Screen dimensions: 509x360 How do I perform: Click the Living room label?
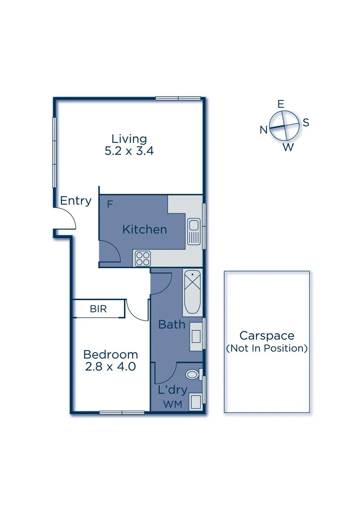click(x=129, y=139)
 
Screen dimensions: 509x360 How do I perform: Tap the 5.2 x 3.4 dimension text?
click(x=129, y=152)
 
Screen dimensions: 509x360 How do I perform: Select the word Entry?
click(x=76, y=201)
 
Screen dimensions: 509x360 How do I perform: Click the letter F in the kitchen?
click(x=110, y=205)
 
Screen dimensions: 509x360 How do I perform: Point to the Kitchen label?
click(x=145, y=230)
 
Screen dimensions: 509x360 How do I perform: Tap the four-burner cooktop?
click(x=143, y=258)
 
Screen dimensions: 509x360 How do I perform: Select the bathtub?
click(x=192, y=293)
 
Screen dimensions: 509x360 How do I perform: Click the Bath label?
click(x=172, y=324)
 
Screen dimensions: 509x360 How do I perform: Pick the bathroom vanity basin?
click(x=196, y=336)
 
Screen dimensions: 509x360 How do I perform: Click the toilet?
click(x=193, y=375)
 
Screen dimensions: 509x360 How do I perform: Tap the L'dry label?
click(x=172, y=390)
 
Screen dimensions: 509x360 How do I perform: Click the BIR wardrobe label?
click(x=98, y=309)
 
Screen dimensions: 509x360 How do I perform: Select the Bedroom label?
click(x=111, y=354)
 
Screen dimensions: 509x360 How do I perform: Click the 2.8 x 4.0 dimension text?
click(x=111, y=367)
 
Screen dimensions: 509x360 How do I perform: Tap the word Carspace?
click(x=267, y=336)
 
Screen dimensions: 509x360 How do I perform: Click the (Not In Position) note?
click(x=267, y=349)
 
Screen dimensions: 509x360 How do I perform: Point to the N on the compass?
click(x=264, y=130)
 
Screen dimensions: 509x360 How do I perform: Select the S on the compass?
click(x=306, y=123)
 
